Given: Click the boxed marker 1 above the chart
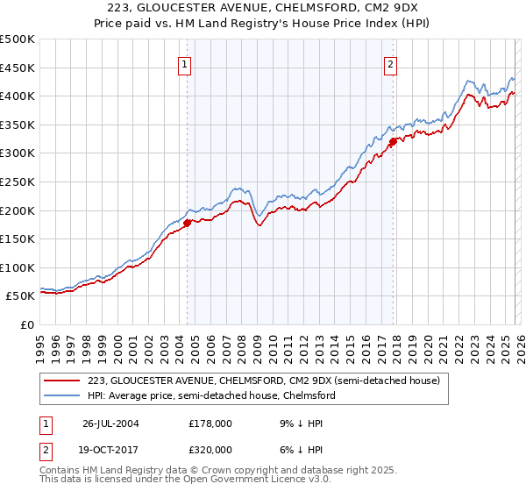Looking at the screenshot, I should pos(186,63).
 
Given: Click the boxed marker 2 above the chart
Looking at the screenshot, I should pos(390,63).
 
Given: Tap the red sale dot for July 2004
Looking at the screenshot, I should pos(187,223).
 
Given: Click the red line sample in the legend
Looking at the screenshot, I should pos(62,381).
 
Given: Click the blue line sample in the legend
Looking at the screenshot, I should pos(62,395).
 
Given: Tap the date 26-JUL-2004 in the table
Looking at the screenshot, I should pos(111,423).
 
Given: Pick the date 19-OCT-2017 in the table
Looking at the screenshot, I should pos(111,449).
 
